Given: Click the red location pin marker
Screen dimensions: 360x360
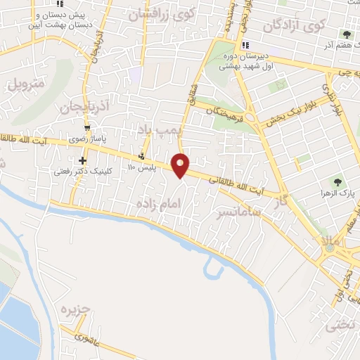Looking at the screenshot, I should pyautogui.click(x=181, y=165).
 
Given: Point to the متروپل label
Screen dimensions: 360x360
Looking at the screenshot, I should pyautogui.click(x=26, y=86).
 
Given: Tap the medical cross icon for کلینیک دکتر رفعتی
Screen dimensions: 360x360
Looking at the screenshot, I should pyautogui.click(x=83, y=161).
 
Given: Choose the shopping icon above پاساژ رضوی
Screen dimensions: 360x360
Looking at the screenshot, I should pyautogui.click(x=87, y=128).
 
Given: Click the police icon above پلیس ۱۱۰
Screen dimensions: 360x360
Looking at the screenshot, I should pyautogui.click(x=142, y=156).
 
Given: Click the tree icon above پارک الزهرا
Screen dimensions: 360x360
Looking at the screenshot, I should pyautogui.click(x=339, y=182).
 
